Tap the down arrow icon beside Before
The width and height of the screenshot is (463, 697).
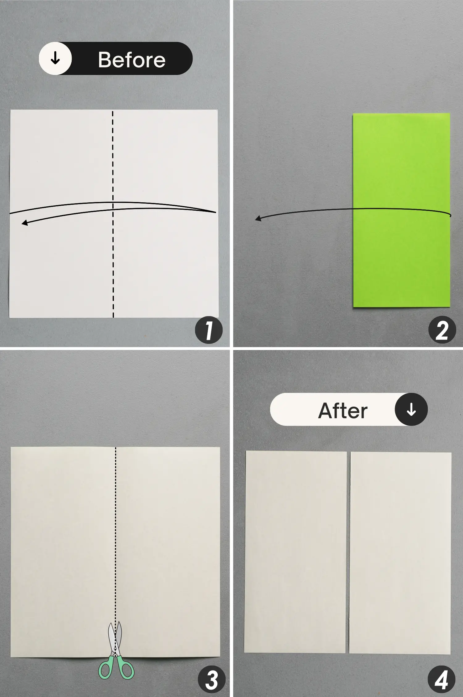click(x=55, y=58)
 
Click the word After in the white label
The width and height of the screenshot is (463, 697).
click(x=343, y=410)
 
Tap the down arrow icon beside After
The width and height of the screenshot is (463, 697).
click(x=411, y=410)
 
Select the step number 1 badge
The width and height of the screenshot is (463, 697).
click(x=209, y=331)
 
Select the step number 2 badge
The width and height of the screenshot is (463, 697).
click(x=442, y=330)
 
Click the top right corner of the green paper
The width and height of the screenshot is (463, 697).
click(x=449, y=114)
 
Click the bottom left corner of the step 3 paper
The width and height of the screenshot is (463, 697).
click(x=11, y=656)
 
